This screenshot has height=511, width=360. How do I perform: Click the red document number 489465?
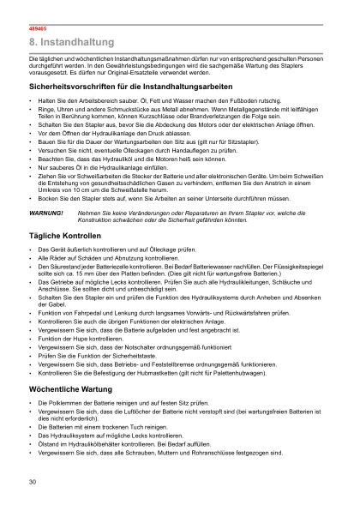[35, 28]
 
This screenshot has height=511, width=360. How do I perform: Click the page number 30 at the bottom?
[32, 482]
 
